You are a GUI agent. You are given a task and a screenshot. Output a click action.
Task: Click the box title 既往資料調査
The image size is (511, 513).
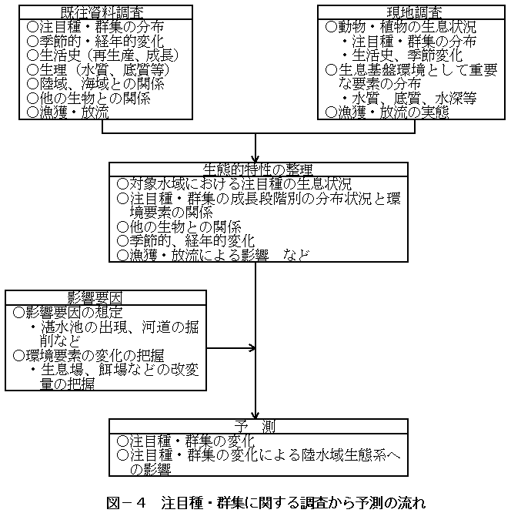click(x=102, y=13)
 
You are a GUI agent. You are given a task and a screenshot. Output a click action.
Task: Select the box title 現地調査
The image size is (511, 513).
click(x=414, y=13)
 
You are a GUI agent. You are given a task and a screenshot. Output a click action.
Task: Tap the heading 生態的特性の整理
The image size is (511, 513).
click(x=258, y=169)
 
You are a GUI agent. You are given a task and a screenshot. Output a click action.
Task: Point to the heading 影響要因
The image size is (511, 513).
click(x=95, y=298)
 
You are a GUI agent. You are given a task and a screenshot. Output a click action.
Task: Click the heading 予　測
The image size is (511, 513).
click(x=255, y=427)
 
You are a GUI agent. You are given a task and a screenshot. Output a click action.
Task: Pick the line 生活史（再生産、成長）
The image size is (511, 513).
click(x=102, y=55)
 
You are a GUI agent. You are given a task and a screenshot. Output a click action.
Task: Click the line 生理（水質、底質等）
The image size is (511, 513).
click(x=98, y=69)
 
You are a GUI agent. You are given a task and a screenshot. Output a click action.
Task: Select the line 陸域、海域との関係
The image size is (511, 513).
click(x=95, y=84)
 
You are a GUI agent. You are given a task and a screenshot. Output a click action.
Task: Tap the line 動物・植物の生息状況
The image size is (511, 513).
click(x=400, y=27)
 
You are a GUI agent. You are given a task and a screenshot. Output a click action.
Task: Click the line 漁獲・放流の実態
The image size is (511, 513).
click(x=387, y=112)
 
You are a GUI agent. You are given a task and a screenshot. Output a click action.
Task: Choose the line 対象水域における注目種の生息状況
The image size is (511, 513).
click(x=234, y=184)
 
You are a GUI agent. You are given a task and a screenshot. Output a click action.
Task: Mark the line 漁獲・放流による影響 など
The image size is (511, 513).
click(x=213, y=255)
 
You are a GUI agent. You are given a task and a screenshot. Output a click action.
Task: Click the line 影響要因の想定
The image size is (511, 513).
click(x=68, y=313)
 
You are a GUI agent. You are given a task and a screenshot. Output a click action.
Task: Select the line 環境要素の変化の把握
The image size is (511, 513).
click(x=89, y=355)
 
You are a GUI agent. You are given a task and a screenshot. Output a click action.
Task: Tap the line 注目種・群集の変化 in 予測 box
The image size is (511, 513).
click(x=185, y=441)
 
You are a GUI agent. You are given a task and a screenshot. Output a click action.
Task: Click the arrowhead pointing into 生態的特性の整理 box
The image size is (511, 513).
click(x=255, y=158)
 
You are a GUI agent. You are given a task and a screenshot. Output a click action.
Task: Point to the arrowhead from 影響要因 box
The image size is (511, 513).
click(x=252, y=348)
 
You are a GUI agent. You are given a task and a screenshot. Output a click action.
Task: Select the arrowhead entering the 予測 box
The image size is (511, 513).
click(x=255, y=414)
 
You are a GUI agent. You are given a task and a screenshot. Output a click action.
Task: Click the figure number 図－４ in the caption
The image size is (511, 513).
click(x=126, y=503)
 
